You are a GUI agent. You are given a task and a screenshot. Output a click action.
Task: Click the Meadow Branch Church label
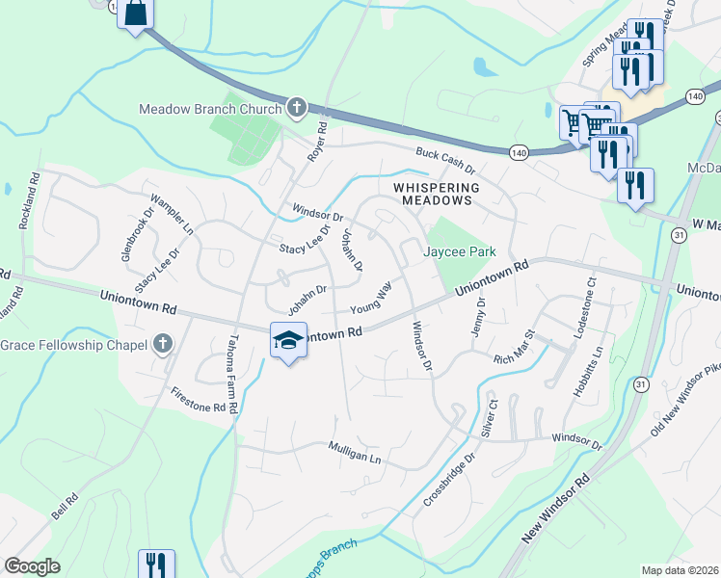pyautogui.click(x=211, y=108)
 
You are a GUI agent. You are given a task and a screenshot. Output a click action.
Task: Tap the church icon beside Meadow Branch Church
pyautogui.click(x=297, y=108)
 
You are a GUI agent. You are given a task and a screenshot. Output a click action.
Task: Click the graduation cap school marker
pyautogui.click(x=288, y=340)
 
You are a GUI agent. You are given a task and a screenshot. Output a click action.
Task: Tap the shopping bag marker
pyautogui.click(x=135, y=13)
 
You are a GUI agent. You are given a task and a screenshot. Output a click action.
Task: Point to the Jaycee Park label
pyautogui.click(x=461, y=252)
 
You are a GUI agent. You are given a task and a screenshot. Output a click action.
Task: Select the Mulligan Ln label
pyautogui.click(x=355, y=453)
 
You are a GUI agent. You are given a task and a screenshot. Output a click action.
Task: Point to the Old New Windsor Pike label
pyautogui.click(x=686, y=400)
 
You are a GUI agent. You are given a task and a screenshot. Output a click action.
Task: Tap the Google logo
pyautogui.click(x=32, y=566)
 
